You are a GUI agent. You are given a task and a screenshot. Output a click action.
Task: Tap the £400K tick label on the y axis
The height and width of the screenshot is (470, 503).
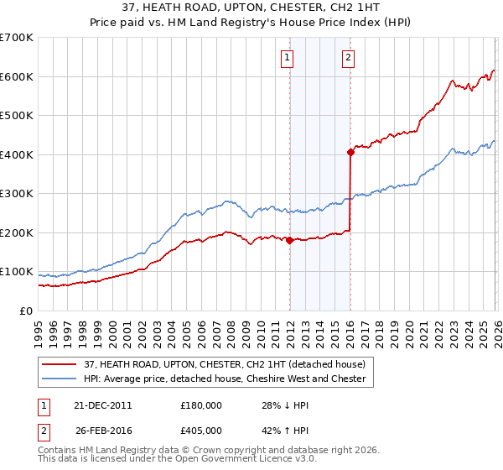pyautogui.click(x=17, y=154)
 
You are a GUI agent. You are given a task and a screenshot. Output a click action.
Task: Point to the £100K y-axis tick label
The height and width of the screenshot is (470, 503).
pyautogui.click(x=17, y=272)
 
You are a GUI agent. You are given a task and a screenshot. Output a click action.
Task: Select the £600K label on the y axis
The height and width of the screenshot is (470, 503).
pyautogui.click(x=17, y=76)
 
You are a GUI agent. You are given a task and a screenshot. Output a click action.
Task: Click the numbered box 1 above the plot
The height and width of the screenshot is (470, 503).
pyautogui.click(x=288, y=58)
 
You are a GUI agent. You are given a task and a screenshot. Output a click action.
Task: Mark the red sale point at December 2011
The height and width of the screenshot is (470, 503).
pyautogui.click(x=289, y=240)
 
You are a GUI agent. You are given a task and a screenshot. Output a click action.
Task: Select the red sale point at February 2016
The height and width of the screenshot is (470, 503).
pyautogui.click(x=350, y=152)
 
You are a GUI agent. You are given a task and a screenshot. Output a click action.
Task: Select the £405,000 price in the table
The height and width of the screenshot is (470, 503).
pyautogui.click(x=200, y=431)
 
